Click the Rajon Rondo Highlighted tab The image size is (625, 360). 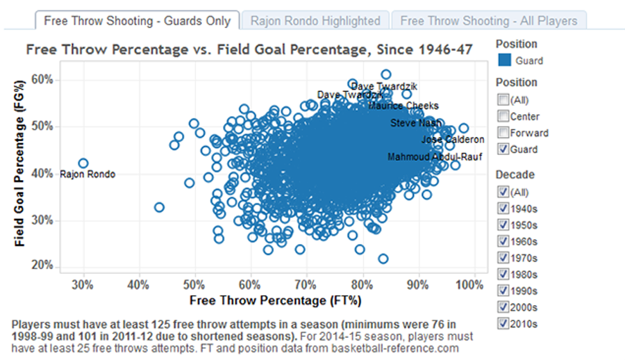315,20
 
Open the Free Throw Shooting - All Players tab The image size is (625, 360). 489,20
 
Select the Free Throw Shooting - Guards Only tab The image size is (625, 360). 137,20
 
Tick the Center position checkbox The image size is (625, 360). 504,116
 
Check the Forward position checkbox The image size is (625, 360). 504,133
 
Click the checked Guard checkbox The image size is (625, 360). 504,149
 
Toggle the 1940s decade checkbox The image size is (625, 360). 504,208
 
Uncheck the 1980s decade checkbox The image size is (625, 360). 504,274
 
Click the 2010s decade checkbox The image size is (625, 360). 504,323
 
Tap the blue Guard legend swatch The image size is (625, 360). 505,60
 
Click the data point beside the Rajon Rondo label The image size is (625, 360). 83,163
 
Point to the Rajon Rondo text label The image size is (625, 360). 87,174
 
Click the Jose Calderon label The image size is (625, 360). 453,140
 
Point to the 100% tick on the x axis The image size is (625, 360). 471,285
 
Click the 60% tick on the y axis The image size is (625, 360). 42,79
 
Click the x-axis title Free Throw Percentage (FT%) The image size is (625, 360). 275,301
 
